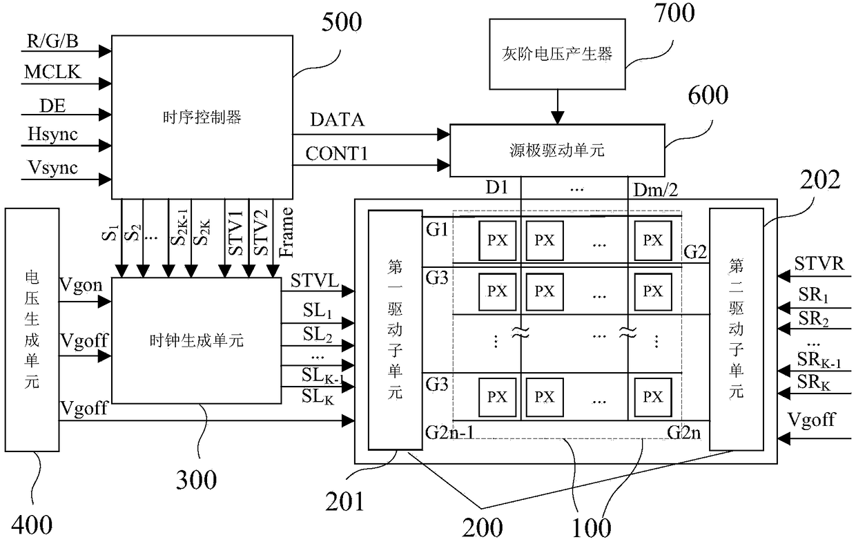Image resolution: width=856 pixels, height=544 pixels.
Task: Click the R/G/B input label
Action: point(52,41)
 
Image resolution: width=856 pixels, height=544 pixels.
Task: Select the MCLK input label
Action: point(52,72)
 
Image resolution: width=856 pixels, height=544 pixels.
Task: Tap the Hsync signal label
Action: point(52,135)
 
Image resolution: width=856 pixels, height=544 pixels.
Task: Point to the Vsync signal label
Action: point(52,168)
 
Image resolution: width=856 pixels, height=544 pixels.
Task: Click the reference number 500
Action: point(341,22)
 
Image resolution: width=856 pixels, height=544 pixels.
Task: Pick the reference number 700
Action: point(674,12)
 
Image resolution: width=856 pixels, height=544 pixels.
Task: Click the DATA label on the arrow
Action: point(337,119)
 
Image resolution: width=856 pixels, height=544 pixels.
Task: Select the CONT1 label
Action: point(336,154)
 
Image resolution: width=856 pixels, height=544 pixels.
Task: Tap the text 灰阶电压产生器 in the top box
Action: point(557,54)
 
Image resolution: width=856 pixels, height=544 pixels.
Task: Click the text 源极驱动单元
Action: point(557,150)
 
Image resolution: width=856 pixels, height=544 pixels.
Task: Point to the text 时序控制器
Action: point(202,117)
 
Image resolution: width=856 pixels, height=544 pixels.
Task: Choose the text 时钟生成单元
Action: point(196,340)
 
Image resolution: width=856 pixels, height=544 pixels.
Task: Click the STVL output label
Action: point(315,281)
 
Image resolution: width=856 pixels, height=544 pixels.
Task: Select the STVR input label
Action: point(819,264)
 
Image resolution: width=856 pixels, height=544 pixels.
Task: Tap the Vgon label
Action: point(81,286)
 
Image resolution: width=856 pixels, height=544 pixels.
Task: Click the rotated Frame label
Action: point(286,232)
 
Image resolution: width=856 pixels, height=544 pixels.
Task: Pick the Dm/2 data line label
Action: point(655,190)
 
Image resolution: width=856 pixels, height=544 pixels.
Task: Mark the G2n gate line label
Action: point(683,432)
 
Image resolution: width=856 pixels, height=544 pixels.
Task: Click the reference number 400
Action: point(32,525)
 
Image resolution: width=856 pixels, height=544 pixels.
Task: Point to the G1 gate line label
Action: point(437,229)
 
